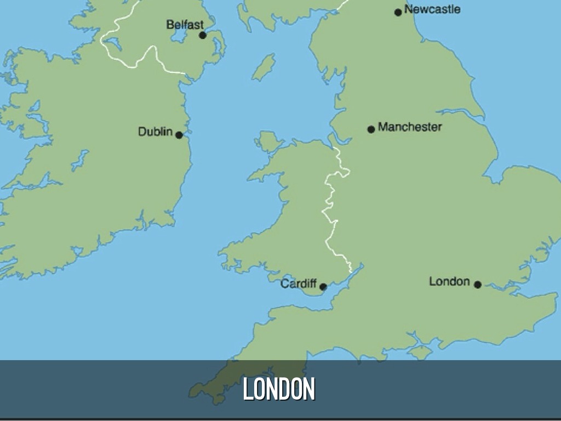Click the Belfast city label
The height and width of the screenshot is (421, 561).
(x=185, y=25)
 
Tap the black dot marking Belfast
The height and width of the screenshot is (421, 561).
(x=203, y=35)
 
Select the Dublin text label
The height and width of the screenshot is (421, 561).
(x=155, y=132)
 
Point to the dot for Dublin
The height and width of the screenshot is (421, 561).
(x=179, y=134)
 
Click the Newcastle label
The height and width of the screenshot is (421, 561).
(x=432, y=9)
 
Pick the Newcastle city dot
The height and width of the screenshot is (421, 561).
(x=398, y=12)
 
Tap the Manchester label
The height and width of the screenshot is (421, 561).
(x=410, y=127)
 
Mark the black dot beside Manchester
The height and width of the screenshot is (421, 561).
(x=371, y=129)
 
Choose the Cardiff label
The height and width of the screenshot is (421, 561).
(x=299, y=284)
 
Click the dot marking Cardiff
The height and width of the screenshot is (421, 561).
(x=323, y=286)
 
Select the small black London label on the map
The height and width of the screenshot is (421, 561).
(x=449, y=282)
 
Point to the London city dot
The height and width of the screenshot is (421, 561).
(x=478, y=285)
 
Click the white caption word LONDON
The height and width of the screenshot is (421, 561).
(x=279, y=389)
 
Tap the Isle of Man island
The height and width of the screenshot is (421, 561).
(x=264, y=67)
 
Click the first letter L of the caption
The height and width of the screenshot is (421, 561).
(x=248, y=389)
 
